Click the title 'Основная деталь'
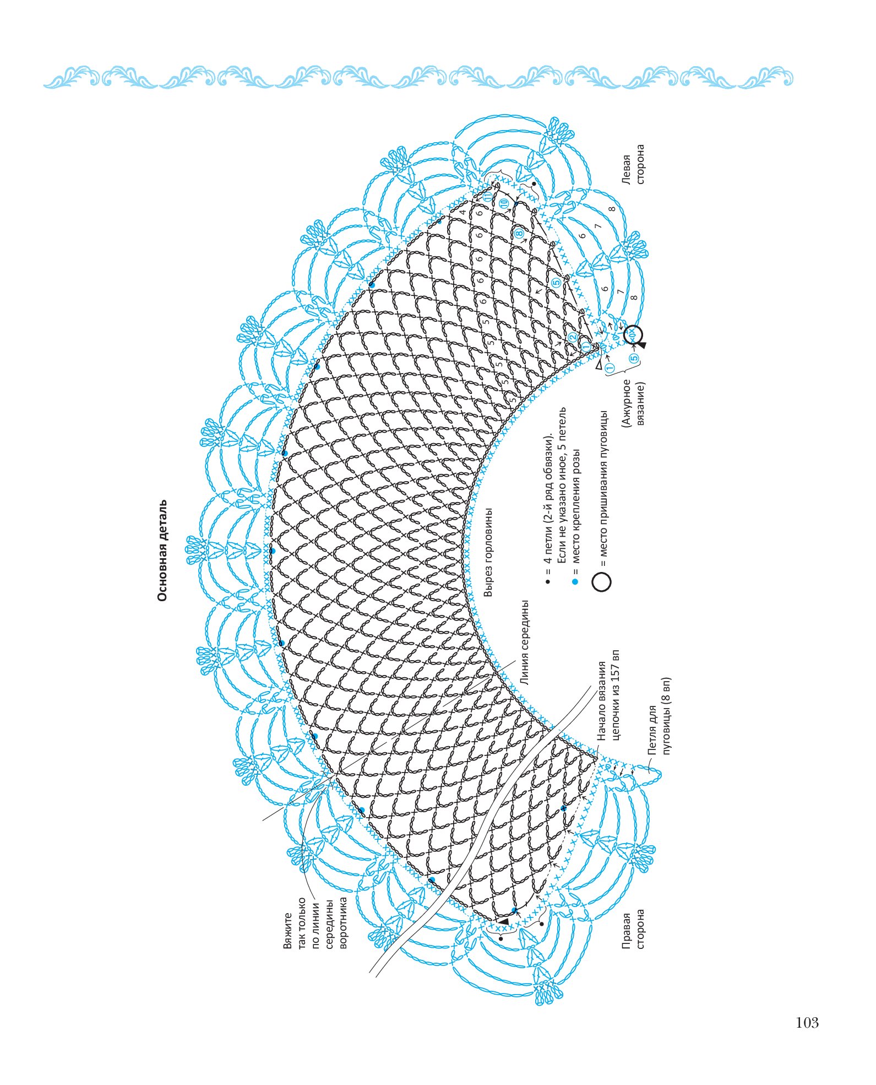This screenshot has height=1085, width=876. pos(162,550)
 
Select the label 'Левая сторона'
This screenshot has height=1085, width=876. pos(633,164)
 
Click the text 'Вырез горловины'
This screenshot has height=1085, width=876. pos(488,552)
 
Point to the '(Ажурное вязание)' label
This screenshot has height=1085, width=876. pos(633,402)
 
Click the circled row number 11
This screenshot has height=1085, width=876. pos(488,197)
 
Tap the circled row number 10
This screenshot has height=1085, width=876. pos(504,203)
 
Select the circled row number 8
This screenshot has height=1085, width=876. pos(519,234)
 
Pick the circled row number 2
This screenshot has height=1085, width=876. pos(573,337)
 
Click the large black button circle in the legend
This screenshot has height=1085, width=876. pos(602,582)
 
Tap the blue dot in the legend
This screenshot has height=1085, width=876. pos(575,581)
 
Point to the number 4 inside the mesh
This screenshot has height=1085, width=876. pos(463,211)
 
